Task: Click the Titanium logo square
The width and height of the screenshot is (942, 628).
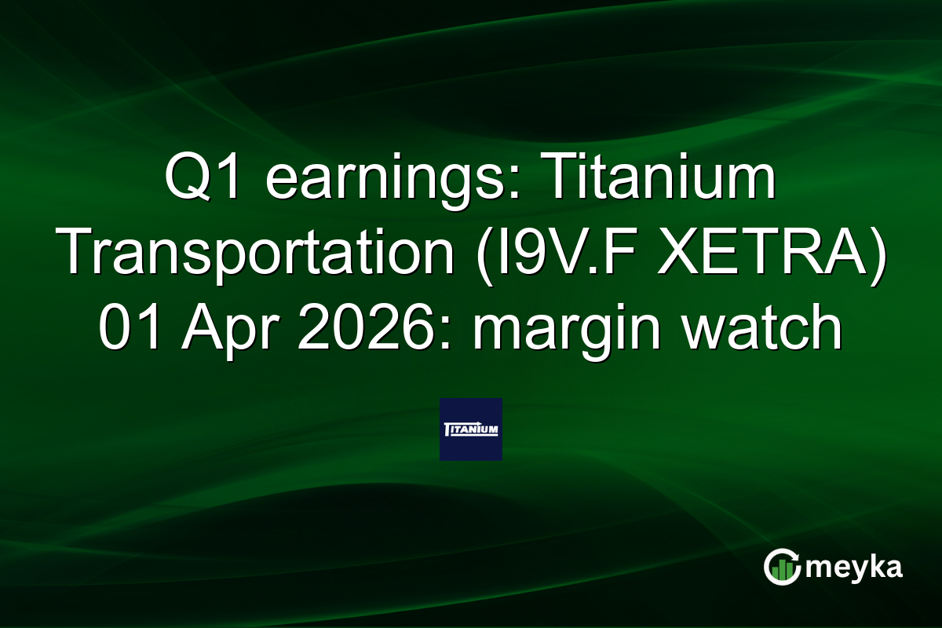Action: click(x=470, y=429)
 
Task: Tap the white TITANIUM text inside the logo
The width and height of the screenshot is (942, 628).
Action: click(x=470, y=430)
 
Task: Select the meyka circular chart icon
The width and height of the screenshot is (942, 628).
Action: click(x=782, y=568)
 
